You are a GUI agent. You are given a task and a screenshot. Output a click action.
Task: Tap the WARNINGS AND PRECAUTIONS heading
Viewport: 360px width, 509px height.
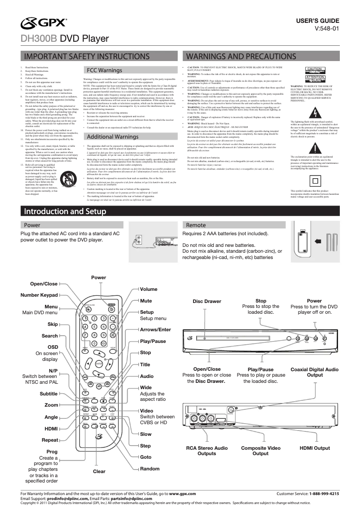[x=241, y=57]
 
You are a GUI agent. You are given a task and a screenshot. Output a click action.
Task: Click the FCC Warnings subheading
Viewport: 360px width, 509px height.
[x=104, y=70]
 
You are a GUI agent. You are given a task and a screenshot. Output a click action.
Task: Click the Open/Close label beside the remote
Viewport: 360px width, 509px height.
[x=44, y=284]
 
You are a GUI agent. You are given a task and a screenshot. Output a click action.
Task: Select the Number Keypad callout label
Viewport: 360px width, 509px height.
[x=40, y=295]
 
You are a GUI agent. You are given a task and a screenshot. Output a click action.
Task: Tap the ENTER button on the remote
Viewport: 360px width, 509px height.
[x=98, y=363]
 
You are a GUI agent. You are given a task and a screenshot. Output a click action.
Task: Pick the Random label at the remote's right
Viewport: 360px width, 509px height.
[x=149, y=469]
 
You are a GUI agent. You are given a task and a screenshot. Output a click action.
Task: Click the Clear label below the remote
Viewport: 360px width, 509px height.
[x=99, y=471]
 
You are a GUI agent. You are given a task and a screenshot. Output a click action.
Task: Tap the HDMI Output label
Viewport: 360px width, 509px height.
[x=315, y=448]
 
